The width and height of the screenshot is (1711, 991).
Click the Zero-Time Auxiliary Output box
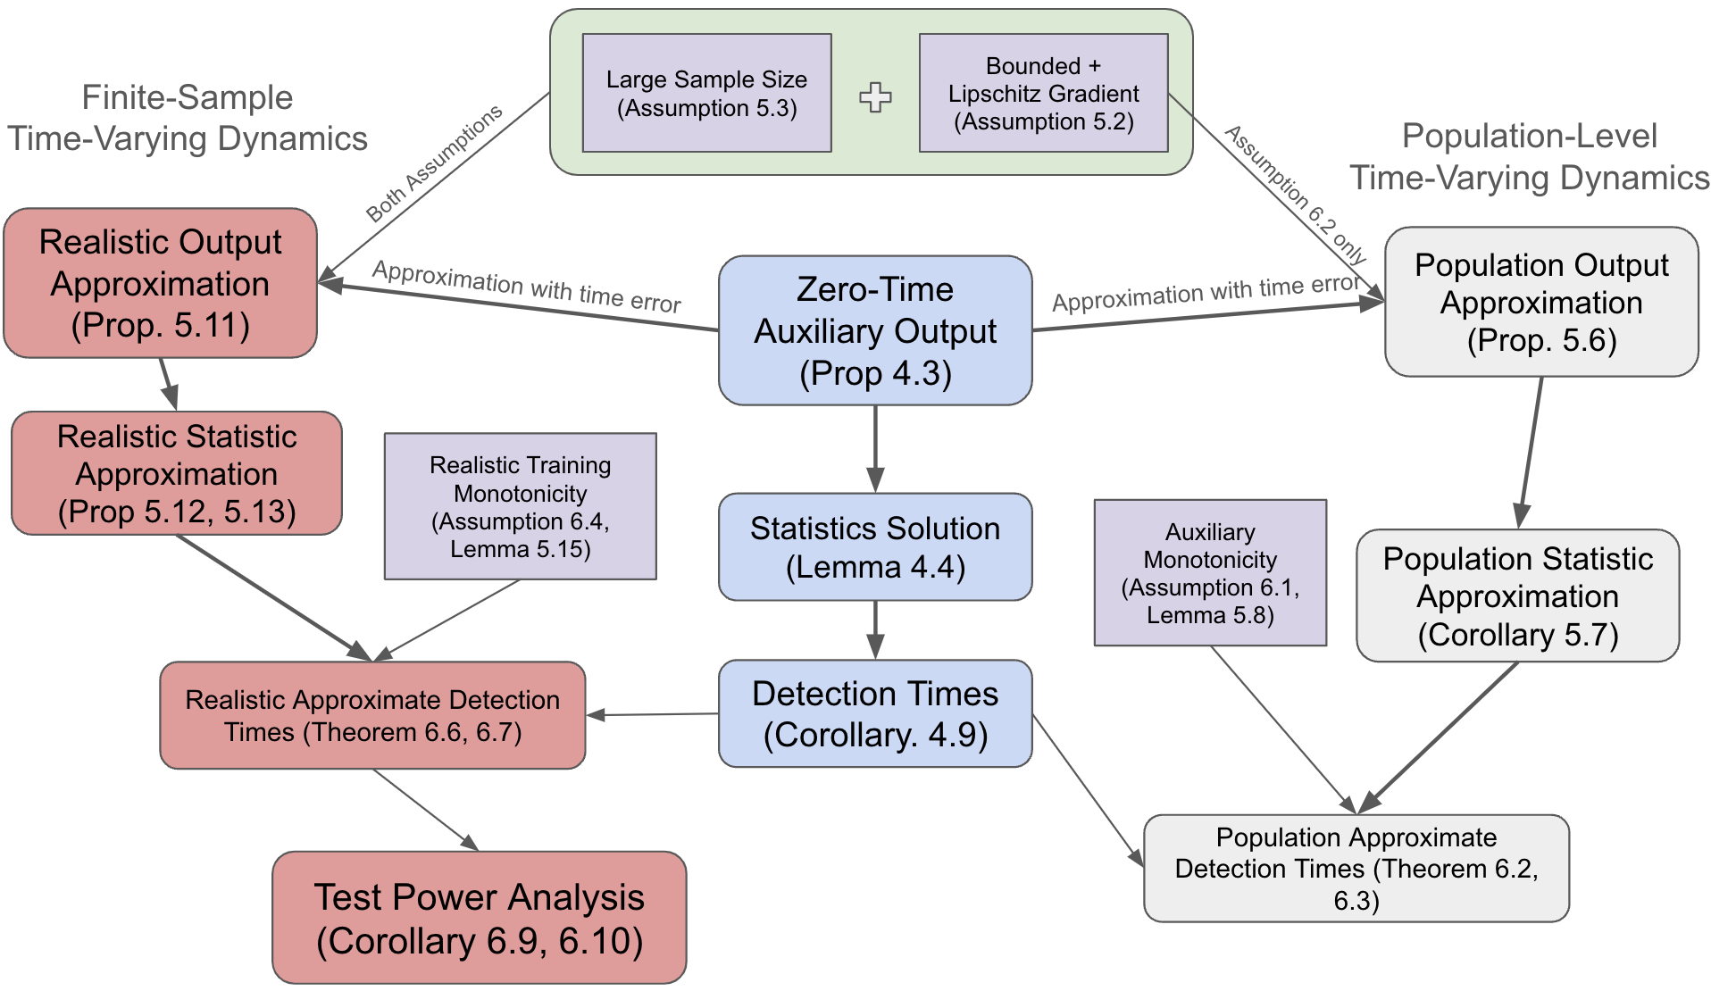[875, 330]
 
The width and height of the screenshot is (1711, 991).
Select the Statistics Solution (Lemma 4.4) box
[875, 546]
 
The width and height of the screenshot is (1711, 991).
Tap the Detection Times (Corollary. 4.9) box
[875, 713]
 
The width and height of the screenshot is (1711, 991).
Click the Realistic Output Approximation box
[161, 283]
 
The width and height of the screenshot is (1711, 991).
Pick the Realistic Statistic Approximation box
[177, 473]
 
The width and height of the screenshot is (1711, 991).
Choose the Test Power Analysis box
[480, 918]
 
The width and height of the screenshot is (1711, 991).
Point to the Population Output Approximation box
[1541, 302]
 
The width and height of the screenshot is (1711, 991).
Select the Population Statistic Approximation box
[1518, 595]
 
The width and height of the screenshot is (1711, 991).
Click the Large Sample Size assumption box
[707, 93]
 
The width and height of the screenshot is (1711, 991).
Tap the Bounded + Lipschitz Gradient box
[1044, 93]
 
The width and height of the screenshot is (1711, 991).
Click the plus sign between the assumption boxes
[875, 97]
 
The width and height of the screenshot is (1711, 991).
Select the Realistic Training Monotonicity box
[521, 506]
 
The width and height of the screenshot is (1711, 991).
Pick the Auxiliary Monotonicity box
[1211, 572]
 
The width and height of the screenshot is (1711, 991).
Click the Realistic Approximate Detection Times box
[372, 715]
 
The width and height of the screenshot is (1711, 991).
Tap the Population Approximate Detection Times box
[1356, 868]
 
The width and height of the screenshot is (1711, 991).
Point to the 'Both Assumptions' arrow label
[435, 163]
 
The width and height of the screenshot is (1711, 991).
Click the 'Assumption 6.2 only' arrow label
[1295, 196]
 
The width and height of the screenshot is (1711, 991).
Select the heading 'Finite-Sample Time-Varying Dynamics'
[188, 118]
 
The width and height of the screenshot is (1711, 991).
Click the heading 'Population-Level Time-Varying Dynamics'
[1530, 156]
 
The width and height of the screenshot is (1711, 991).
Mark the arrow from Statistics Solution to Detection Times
[875, 630]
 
